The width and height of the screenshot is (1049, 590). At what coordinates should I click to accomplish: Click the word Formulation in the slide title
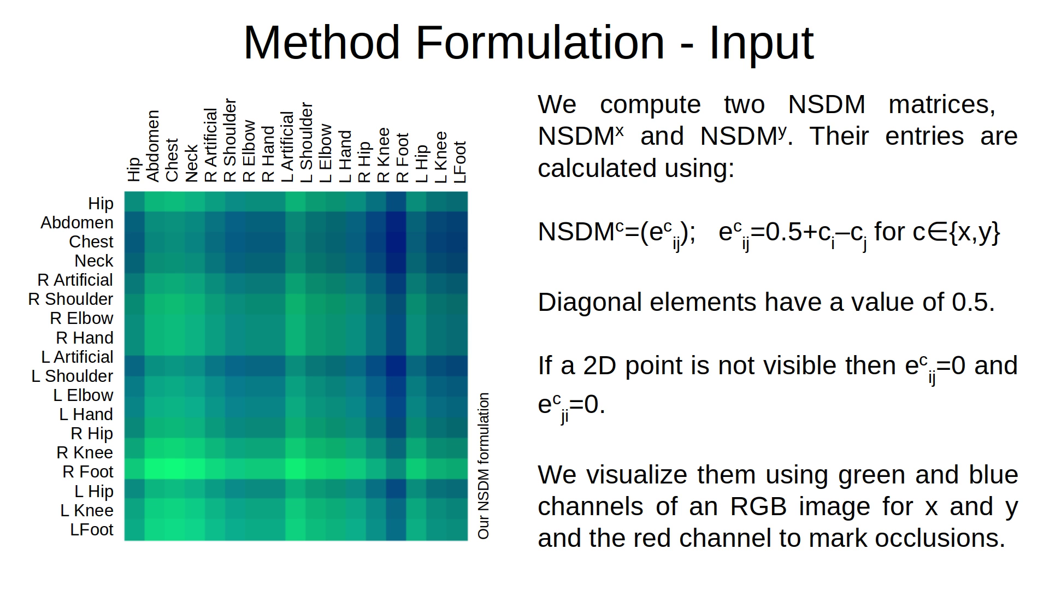pyautogui.click(x=540, y=43)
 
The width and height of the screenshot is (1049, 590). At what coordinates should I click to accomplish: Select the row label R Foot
pyautogui.click(x=88, y=471)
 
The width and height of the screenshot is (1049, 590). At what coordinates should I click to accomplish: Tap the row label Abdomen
pyautogui.click(x=77, y=222)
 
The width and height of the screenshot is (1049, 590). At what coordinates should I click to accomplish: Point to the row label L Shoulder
pyautogui.click(x=72, y=376)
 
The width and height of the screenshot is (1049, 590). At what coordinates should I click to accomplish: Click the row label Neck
pyautogui.click(x=94, y=261)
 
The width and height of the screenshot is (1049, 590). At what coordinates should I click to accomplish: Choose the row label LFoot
pyautogui.click(x=92, y=529)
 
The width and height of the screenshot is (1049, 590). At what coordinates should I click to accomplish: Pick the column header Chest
pyautogui.click(x=172, y=160)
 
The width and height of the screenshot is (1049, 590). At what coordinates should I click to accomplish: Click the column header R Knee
pyautogui.click(x=384, y=155)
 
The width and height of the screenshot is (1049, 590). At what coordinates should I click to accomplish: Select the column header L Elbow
pyautogui.click(x=326, y=153)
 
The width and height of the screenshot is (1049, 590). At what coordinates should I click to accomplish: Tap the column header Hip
pyautogui.click(x=134, y=169)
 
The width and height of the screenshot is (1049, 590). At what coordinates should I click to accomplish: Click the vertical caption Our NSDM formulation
pyautogui.click(x=484, y=465)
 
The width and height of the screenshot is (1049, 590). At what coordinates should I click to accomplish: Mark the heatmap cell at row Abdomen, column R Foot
pyautogui.click(x=396, y=222)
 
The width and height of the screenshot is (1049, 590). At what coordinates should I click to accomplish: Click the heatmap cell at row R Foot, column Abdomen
pyautogui.click(x=154, y=469)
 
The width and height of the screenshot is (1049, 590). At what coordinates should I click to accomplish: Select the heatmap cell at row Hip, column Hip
pyautogui.click(x=134, y=202)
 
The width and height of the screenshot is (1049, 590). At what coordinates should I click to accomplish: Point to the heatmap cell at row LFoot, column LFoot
pyautogui.click(x=458, y=531)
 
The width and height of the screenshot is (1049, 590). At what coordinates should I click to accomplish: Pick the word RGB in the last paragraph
pyautogui.click(x=758, y=506)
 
